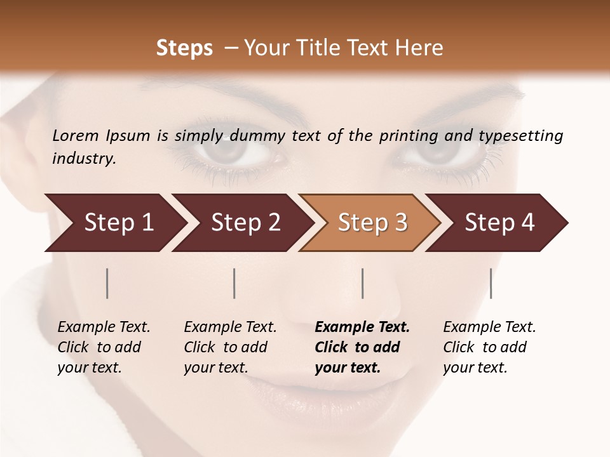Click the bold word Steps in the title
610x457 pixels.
click(x=184, y=48)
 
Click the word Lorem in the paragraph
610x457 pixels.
click(x=74, y=135)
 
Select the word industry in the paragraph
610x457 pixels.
click(x=83, y=158)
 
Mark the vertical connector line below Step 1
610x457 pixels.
click(x=107, y=283)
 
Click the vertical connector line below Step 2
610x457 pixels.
click(x=234, y=283)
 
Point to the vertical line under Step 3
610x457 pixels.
click(x=362, y=283)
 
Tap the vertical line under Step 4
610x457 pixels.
click(x=491, y=283)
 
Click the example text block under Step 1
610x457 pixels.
click(x=104, y=347)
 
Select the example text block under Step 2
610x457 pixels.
click(x=230, y=347)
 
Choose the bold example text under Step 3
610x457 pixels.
click(x=362, y=347)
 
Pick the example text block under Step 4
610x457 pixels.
click(x=489, y=347)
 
